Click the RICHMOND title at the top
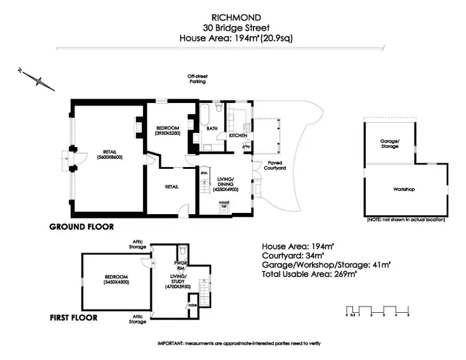(231, 17)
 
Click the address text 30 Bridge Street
(231, 27)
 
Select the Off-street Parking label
(197, 79)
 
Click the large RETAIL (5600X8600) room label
(110, 155)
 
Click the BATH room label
(212, 128)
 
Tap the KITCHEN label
(238, 135)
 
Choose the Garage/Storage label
(390, 144)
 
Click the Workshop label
(404, 189)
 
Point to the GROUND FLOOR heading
(81, 227)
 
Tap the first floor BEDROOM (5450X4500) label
(116, 279)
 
